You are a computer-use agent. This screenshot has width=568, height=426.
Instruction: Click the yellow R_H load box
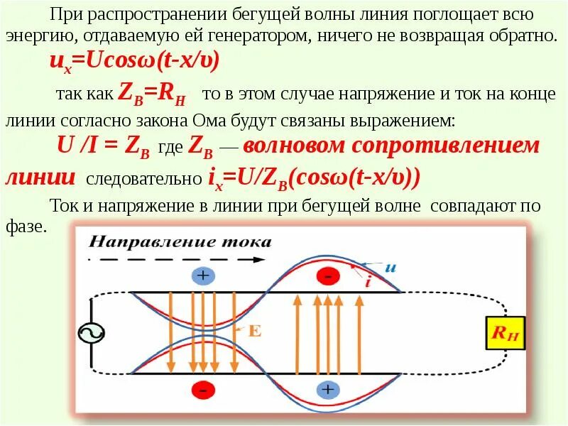(505, 332)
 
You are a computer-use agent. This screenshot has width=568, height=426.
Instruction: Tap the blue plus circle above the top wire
(204, 276)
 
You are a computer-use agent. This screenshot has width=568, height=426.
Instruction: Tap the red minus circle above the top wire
(327, 276)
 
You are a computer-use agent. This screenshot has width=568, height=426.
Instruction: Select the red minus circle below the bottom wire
(203, 390)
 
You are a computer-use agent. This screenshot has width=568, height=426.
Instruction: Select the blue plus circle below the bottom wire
(327, 390)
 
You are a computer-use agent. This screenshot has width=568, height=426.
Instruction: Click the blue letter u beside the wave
(390, 268)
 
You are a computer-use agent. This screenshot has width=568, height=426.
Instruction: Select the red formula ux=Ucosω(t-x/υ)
(133, 61)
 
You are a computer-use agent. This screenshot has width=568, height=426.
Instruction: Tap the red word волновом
(293, 146)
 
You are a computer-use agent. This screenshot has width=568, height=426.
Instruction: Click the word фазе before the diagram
(25, 227)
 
